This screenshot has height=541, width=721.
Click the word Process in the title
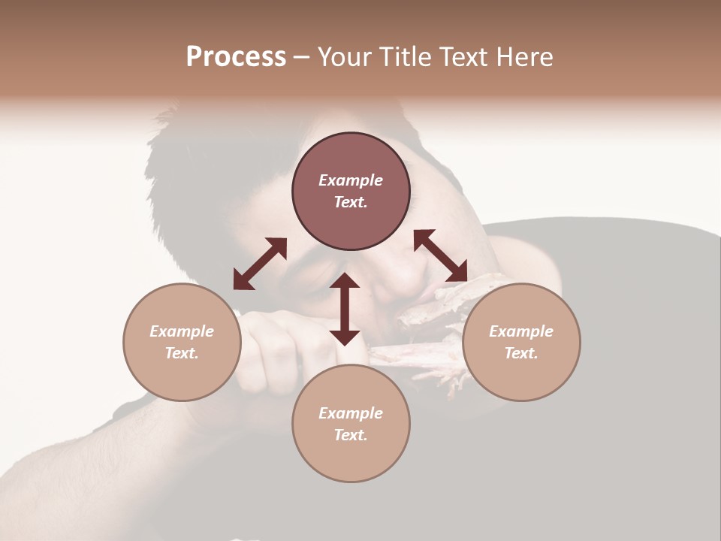(236, 57)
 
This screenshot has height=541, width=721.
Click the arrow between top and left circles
(260, 264)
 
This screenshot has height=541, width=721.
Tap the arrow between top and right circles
(441, 256)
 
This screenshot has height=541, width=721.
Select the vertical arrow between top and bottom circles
(345, 309)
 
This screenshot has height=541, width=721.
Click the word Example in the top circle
(351, 180)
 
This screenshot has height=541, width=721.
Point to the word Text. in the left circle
(182, 353)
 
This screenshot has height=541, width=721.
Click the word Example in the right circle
(521, 331)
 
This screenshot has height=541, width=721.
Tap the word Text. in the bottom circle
(351, 435)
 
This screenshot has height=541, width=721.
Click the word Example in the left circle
(182, 331)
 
